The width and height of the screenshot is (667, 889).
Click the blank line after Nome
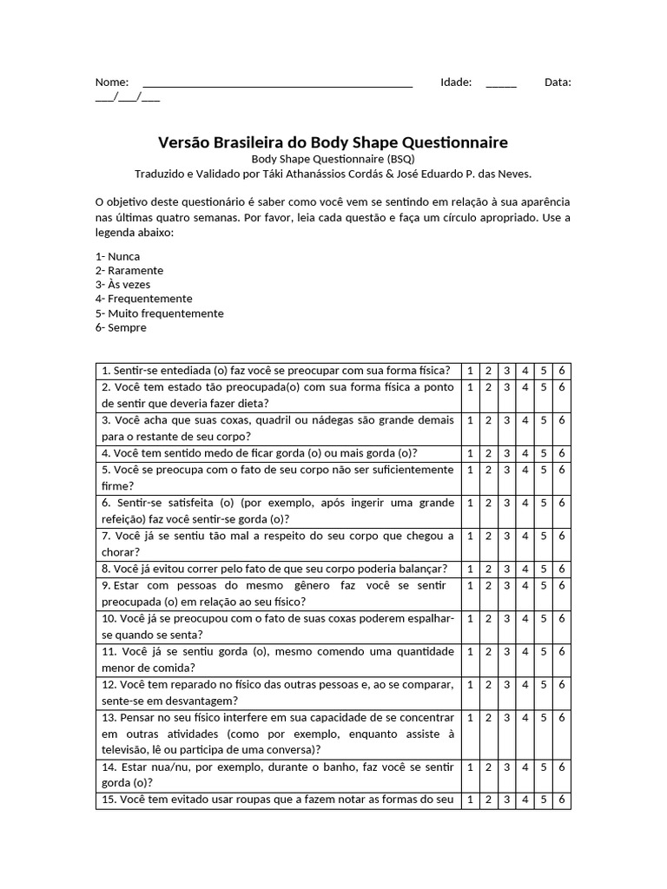(277, 83)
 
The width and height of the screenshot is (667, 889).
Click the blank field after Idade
(501, 83)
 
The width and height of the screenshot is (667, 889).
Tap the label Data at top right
(558, 82)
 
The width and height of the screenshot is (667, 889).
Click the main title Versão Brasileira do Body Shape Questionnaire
(333, 142)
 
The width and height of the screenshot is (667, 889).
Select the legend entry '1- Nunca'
(118, 257)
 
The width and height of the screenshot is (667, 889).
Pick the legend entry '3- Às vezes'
(122, 285)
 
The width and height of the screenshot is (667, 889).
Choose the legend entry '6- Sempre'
(121, 327)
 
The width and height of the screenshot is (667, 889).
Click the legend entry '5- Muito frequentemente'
(160, 313)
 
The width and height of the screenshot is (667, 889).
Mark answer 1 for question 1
(470, 371)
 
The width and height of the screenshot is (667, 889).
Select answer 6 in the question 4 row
(562, 453)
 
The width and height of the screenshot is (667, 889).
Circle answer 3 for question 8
(506, 570)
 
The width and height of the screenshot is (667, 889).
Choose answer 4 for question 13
(525, 718)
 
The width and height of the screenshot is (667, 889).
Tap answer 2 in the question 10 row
(488, 619)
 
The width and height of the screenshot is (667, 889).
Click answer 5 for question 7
(543, 537)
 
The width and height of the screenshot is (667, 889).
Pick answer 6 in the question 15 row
(562, 800)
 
